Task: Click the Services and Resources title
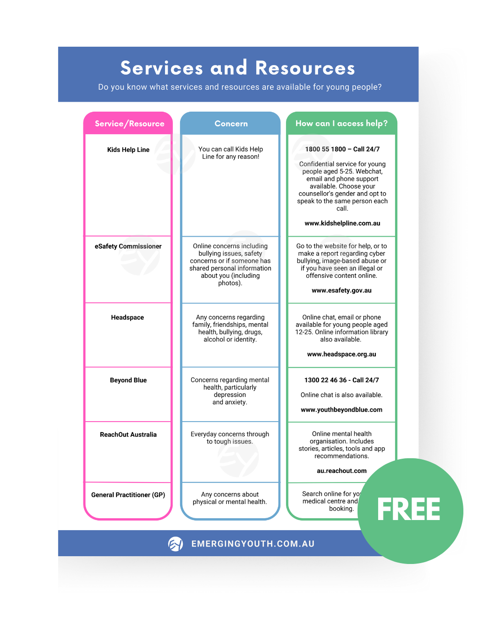click(237, 68)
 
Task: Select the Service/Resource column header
click(129, 124)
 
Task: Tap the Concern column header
click(231, 124)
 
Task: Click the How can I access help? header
click(341, 124)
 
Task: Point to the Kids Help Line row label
click(128, 150)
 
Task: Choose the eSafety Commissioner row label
click(128, 246)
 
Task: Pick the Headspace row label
click(127, 317)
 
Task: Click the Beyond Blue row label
click(128, 380)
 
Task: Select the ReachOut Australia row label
click(128, 434)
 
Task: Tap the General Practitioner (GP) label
click(128, 495)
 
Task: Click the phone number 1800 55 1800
click(325, 149)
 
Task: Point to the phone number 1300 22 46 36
click(325, 380)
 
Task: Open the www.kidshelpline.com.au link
click(342, 223)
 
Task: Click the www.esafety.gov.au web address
click(341, 290)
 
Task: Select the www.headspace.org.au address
click(341, 354)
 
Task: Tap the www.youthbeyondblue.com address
click(341, 410)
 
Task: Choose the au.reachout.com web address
click(341, 471)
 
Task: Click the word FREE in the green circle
click(408, 510)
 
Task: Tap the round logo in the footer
click(176, 544)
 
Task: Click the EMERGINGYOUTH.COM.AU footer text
click(253, 544)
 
